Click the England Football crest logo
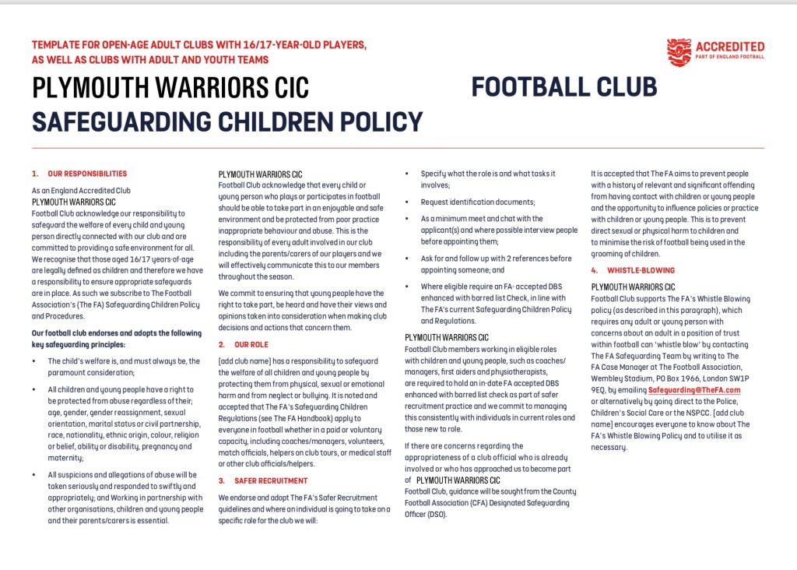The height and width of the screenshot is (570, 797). click(x=679, y=51)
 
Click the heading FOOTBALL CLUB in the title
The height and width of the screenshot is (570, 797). click(x=564, y=86)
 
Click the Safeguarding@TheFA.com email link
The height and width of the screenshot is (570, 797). click(x=694, y=389)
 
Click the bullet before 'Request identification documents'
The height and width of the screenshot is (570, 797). click(x=408, y=202)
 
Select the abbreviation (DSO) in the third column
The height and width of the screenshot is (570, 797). click(x=436, y=515)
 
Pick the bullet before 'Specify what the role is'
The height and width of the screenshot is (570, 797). click(x=408, y=174)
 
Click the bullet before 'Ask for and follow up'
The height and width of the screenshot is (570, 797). click(x=408, y=259)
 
